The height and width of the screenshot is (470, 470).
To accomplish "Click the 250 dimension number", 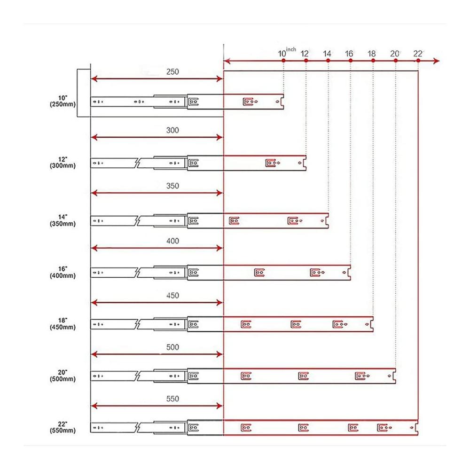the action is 172,72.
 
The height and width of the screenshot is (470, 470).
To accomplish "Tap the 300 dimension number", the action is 172,130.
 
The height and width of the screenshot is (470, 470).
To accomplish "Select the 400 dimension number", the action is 172,241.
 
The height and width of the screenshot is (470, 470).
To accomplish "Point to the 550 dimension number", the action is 172,399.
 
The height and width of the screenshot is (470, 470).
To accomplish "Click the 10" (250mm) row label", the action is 63,102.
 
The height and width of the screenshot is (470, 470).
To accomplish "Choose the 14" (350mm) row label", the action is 63,220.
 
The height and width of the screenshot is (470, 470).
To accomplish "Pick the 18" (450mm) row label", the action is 63,324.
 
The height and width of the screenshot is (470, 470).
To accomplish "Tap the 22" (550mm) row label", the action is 63,427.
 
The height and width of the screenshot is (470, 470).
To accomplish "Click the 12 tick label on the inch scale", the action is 304,54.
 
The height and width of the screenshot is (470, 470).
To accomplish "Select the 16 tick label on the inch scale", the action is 349,54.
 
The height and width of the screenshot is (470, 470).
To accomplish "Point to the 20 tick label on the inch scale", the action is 394,54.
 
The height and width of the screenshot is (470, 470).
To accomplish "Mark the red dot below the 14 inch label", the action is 328,61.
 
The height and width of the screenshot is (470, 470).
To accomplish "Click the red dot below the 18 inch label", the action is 373,61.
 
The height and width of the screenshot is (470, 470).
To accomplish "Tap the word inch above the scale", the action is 291,49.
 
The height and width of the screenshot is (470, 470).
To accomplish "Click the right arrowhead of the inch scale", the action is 437,61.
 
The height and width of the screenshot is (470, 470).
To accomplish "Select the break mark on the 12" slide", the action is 138,163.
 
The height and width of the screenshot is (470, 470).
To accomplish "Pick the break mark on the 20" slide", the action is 138,376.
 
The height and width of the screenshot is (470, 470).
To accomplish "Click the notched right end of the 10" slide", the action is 282,102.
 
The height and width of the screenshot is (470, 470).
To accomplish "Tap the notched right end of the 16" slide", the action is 349,273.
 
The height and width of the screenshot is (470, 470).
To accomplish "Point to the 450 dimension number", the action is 172,296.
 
